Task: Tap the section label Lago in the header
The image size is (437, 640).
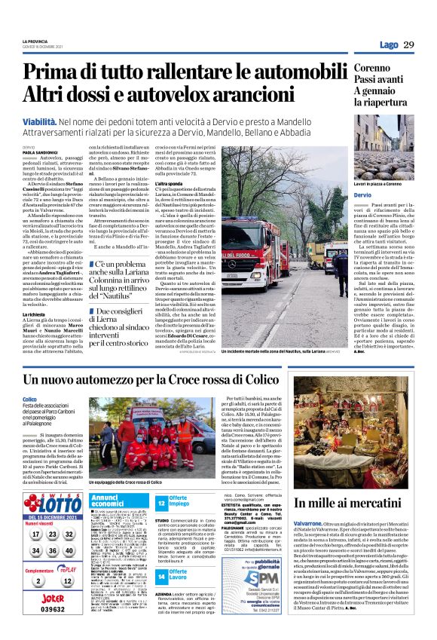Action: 388,45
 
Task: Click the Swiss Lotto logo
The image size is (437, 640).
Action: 52,502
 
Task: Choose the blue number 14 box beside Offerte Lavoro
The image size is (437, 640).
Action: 161,577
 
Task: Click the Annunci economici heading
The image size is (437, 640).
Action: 113,501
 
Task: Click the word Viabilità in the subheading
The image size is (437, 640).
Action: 41,120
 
